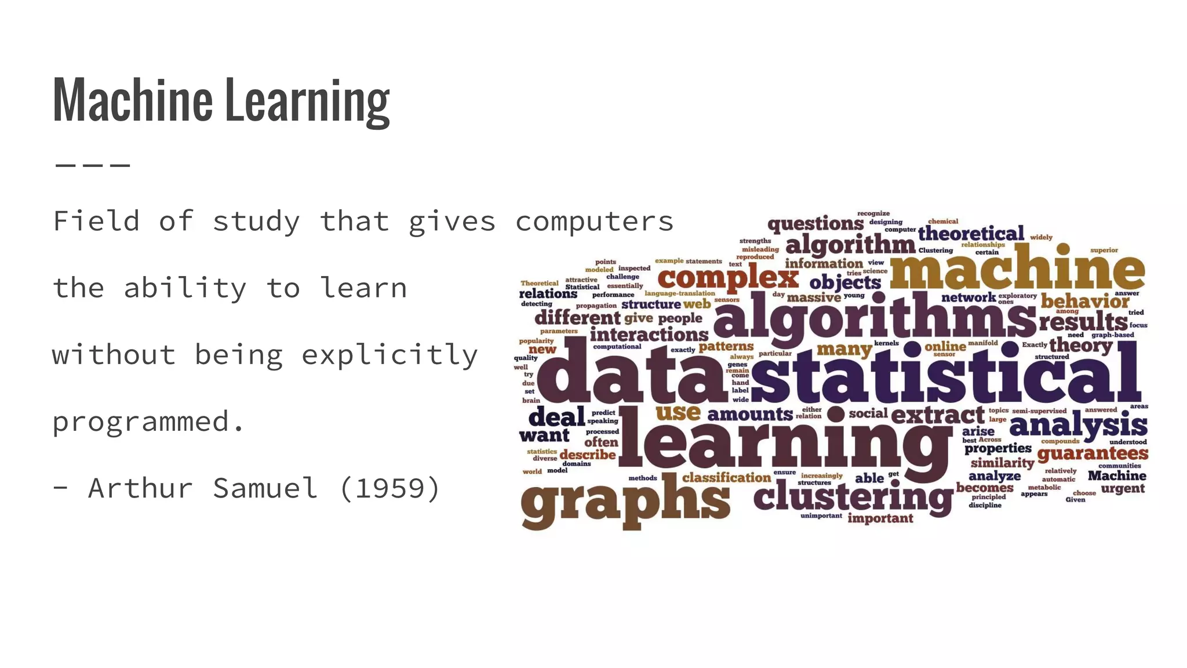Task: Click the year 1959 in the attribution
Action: [x=390, y=488]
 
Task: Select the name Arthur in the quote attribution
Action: [x=140, y=488]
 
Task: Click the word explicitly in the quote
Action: [x=389, y=355]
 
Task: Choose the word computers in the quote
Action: [x=594, y=222]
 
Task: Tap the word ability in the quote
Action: [x=185, y=288]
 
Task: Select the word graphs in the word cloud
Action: [x=625, y=502]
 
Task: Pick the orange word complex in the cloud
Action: [x=728, y=277]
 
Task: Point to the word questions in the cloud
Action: [x=815, y=224]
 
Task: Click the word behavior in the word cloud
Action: [x=1084, y=301]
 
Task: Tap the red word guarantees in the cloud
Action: [x=1093, y=453]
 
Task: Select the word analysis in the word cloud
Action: [x=1078, y=426]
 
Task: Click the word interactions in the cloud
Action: [x=649, y=334]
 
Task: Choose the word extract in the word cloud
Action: [x=937, y=415]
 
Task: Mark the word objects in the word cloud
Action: [x=845, y=283]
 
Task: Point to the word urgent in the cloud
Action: [x=1123, y=489]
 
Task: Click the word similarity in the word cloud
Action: [x=1002, y=463]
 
